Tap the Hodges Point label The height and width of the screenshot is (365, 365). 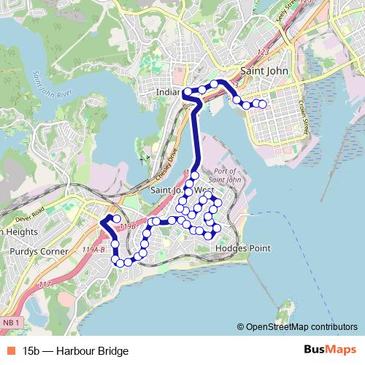tap(243, 248)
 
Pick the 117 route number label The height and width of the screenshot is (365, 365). tap(45, 285)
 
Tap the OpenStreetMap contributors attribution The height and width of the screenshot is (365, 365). tap(301, 327)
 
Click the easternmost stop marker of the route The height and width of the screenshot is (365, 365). tap(263, 105)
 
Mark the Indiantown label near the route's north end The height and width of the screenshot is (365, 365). tap(169, 93)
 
